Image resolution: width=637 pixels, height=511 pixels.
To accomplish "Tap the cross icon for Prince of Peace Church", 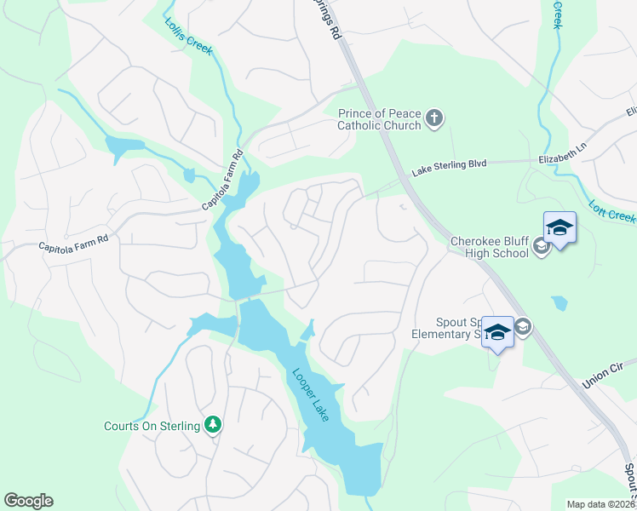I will [x=434, y=118].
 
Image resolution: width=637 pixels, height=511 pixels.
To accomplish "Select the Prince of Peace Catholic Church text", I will [x=380, y=119].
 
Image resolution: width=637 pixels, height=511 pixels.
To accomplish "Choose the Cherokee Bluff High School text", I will [x=491, y=246].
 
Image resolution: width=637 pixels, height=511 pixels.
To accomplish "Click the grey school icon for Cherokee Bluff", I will [x=539, y=247].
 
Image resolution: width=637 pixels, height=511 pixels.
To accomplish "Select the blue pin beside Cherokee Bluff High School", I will [x=560, y=229].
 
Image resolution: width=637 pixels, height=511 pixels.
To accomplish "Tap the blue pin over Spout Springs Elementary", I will [x=497, y=331].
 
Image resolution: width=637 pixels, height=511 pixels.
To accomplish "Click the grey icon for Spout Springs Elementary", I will [x=523, y=326].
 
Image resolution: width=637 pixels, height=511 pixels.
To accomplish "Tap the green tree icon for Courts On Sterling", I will [x=212, y=425].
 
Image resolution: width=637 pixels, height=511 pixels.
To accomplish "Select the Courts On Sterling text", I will [x=152, y=426].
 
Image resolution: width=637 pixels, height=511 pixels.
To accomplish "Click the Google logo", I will [x=28, y=501].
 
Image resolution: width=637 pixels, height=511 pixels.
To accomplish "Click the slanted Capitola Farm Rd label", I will [x=223, y=180].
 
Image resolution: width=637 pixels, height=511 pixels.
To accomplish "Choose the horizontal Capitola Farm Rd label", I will [x=73, y=244].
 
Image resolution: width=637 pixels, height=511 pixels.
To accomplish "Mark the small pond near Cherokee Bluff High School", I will [x=559, y=302].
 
